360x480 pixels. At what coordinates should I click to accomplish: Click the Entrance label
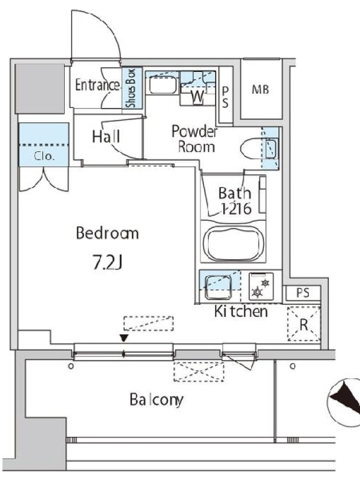pos(98,85)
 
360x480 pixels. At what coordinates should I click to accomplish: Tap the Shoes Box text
pos(131,88)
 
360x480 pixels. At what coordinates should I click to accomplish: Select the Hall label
pos(106,137)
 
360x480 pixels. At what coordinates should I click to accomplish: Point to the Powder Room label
pos(194,139)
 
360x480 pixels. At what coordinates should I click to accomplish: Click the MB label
pos(260,89)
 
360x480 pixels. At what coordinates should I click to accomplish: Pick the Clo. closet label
pos(44,157)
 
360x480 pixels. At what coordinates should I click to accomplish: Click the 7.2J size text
pos(107,262)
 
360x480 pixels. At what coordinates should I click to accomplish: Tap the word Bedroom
pos(107,233)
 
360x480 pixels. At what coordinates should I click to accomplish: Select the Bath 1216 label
pos(235,201)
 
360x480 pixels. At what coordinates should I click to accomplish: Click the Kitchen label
pos(241,311)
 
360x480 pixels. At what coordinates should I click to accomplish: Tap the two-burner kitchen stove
pos(261,287)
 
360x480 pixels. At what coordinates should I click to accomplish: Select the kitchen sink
pos(218,287)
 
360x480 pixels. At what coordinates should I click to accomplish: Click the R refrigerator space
pos(304,324)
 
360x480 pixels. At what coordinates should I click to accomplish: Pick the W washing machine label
pos(198,97)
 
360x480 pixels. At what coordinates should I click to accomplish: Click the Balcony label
pos(157,400)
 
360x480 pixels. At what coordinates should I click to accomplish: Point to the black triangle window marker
pos(124,338)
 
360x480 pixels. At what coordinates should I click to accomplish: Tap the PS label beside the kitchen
pos(303,293)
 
